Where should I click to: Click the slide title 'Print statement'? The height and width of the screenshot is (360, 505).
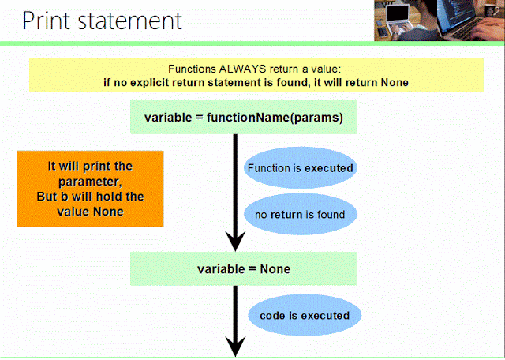click(x=102, y=21)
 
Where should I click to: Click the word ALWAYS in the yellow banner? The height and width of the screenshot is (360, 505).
click(x=242, y=69)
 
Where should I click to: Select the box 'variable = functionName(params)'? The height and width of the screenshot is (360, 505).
click(x=244, y=117)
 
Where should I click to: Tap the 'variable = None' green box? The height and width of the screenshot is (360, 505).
click(x=244, y=268)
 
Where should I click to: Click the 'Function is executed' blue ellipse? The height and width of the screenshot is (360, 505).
click(x=300, y=168)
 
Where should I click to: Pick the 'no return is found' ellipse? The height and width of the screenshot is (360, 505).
click(x=300, y=214)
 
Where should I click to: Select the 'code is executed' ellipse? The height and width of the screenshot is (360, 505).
click(x=305, y=316)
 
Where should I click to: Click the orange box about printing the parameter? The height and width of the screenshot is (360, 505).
click(x=90, y=189)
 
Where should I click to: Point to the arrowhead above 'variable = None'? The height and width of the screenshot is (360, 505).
click(x=235, y=241)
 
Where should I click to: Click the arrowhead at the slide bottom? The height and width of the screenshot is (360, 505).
click(x=235, y=346)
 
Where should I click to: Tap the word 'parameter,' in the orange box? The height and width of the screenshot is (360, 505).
click(x=90, y=182)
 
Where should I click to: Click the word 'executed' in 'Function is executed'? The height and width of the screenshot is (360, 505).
click(x=329, y=168)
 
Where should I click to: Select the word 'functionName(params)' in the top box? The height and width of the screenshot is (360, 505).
click(x=275, y=118)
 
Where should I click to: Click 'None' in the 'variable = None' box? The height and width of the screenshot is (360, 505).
click(x=275, y=269)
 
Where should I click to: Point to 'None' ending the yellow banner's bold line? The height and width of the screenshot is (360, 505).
click(x=395, y=83)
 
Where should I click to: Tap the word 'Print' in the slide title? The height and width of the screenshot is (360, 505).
click(x=46, y=21)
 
